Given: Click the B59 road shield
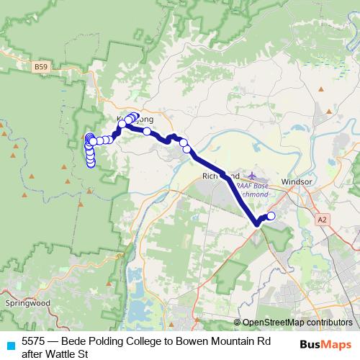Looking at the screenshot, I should [42, 67].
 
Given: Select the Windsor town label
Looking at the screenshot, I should [297, 181].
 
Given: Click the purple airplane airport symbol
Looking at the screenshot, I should [251, 175].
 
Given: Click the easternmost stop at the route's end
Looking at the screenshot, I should [271, 215].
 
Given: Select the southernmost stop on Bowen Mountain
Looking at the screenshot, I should [91, 163].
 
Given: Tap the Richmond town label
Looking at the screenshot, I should [215, 176].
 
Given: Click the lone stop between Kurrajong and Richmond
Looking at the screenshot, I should [147, 131].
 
